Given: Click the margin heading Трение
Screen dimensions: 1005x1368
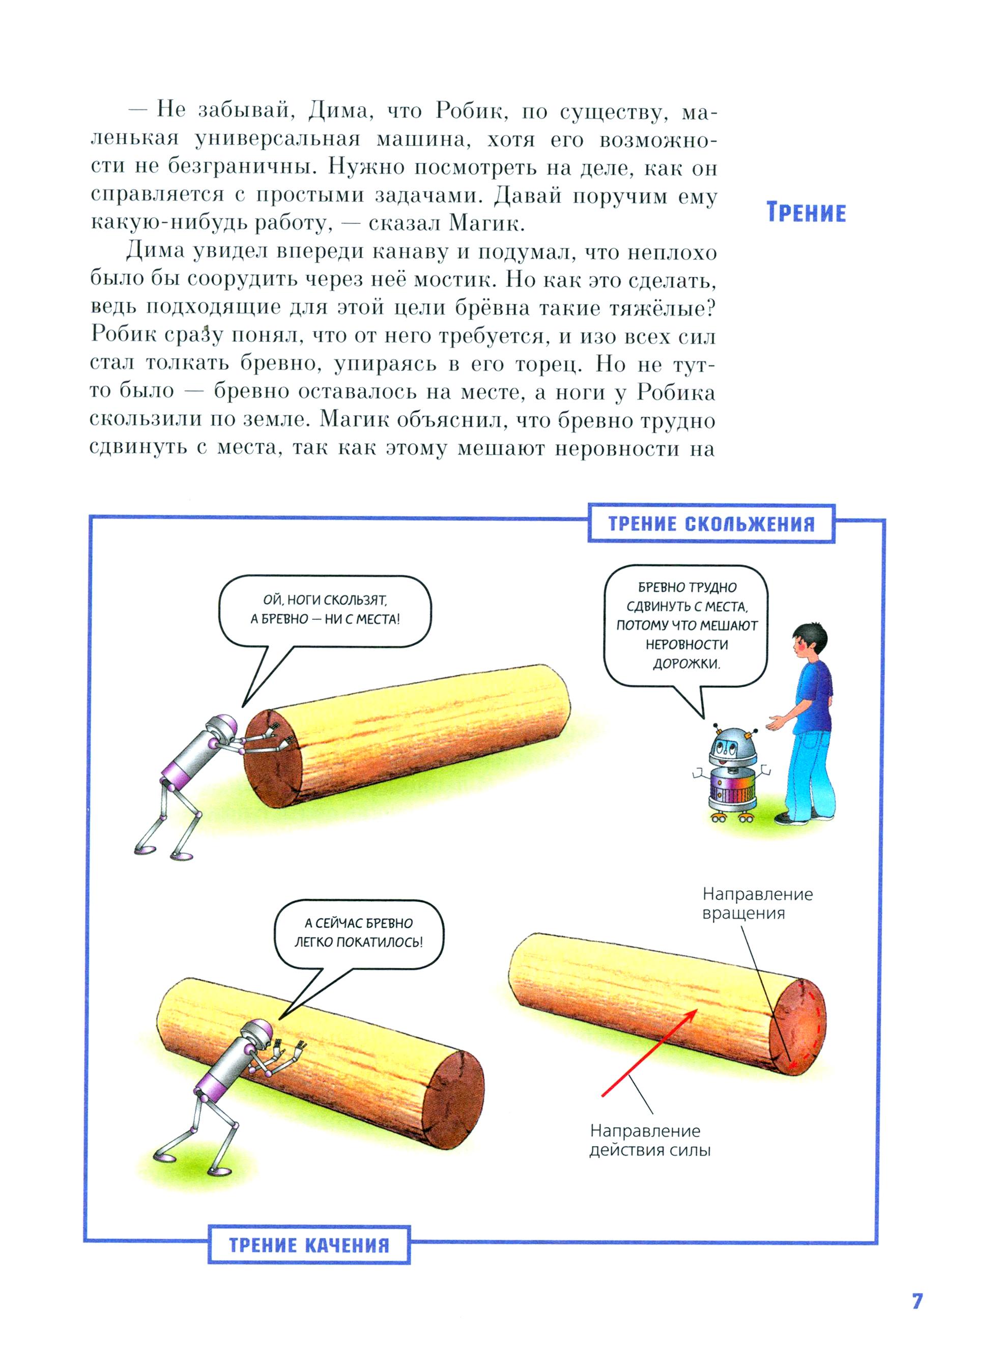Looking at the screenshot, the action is point(806,213).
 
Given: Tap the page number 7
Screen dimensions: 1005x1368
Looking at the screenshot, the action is point(917,1301).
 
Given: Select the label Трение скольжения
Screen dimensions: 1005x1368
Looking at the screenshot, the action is point(711,524).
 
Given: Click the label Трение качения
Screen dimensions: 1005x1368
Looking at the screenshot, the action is point(309,1245).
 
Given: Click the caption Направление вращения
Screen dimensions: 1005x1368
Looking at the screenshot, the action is point(757,903).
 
